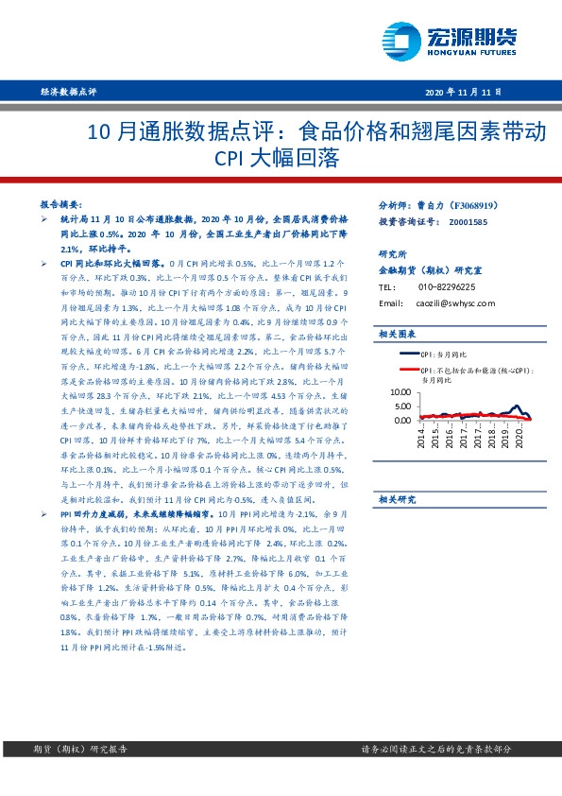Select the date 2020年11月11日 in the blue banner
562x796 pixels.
click(x=463, y=92)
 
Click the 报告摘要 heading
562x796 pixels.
click(x=59, y=203)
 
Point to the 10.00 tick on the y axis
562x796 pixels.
click(x=400, y=390)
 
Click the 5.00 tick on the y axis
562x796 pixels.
click(x=402, y=405)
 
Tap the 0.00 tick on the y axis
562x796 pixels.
click(x=402, y=418)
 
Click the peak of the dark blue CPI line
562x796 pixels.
click(x=514, y=407)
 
